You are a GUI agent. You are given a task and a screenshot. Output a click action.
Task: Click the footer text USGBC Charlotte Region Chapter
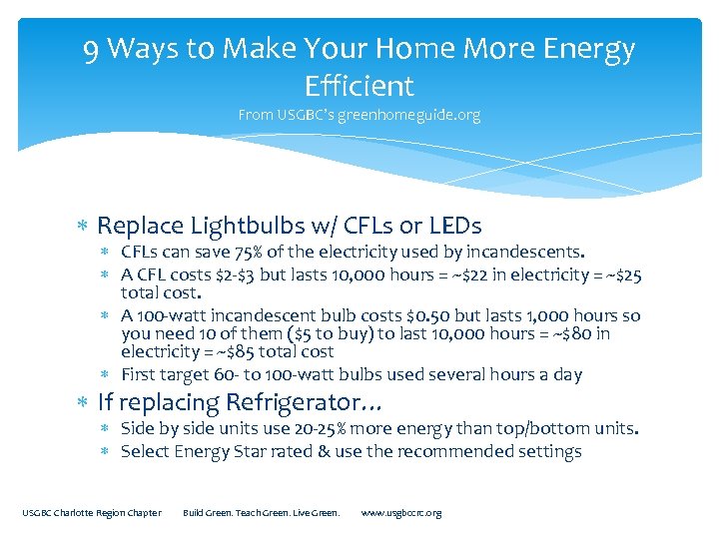point(92,513)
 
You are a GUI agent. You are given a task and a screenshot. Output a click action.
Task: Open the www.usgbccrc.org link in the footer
point(401,513)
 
